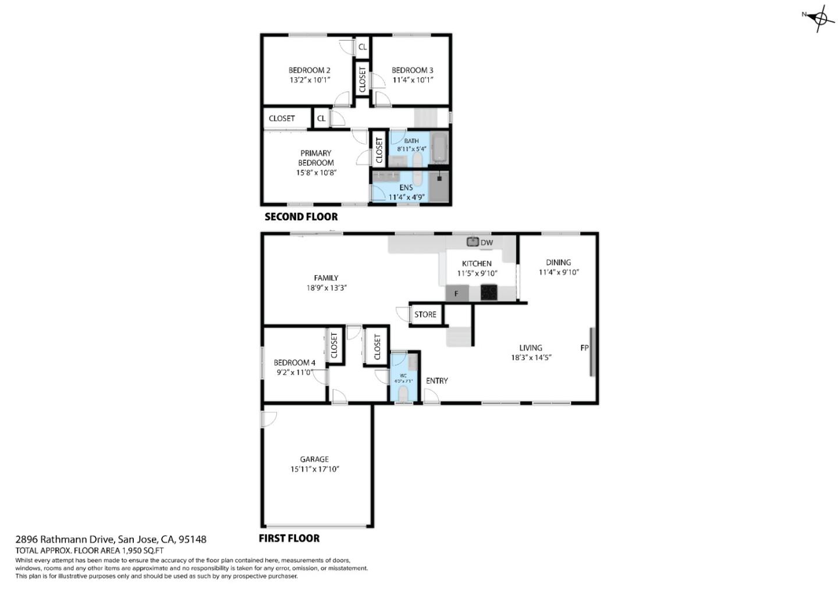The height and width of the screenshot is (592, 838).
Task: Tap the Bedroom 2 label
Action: point(310,70)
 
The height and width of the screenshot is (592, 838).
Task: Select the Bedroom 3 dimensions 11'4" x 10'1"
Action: point(413,80)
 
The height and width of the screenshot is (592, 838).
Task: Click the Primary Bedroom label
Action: point(316,158)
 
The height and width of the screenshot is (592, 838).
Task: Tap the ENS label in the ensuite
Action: point(406,187)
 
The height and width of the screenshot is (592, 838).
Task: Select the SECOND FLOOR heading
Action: point(301,217)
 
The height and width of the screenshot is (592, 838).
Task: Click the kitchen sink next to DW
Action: point(473,241)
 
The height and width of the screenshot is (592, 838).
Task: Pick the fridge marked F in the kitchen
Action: point(457,294)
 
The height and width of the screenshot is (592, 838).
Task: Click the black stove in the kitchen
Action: point(489,293)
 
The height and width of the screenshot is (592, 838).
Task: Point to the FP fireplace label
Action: point(584,348)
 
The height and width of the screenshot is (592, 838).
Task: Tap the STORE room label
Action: point(425,315)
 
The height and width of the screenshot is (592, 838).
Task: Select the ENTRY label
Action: point(436,381)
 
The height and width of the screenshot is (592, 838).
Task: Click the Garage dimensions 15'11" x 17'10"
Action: point(314,469)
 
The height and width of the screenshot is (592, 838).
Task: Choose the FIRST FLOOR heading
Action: point(289,538)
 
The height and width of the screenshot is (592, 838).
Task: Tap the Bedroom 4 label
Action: point(294,363)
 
